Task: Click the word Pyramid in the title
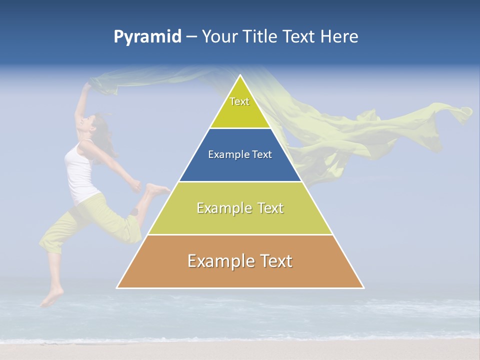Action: (x=147, y=37)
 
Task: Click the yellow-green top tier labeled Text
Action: (x=240, y=107)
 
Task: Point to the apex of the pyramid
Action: (x=240, y=75)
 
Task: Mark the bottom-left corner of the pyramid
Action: (x=117, y=287)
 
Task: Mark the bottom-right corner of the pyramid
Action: (x=363, y=287)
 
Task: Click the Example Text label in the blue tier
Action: (x=240, y=154)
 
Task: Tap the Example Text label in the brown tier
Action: (x=240, y=261)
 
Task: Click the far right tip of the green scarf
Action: (x=468, y=111)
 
